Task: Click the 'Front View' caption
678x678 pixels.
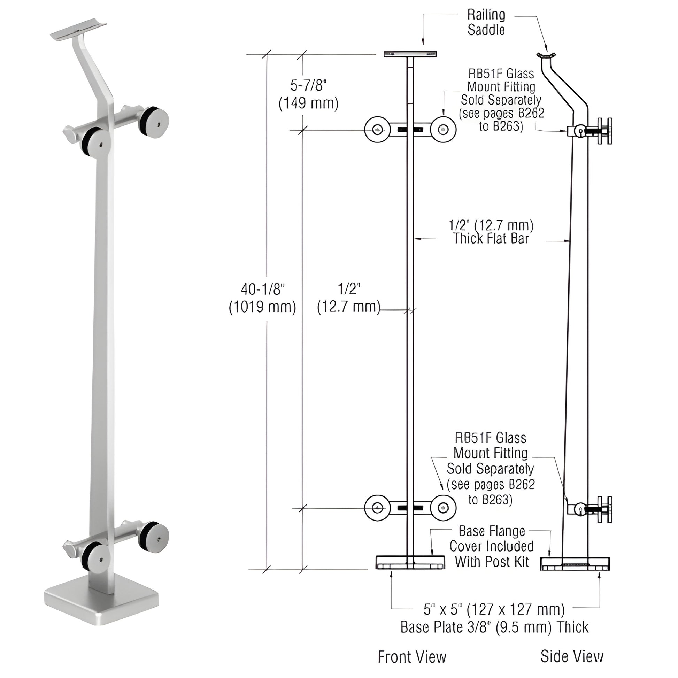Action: pos(412,657)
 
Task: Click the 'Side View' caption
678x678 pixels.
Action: pos(572,656)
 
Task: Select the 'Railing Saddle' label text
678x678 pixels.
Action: pos(486,22)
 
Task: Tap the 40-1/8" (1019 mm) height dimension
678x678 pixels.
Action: pos(262,298)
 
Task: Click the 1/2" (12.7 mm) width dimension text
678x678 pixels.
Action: pos(349,298)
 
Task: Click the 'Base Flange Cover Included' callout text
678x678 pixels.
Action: pos(491,546)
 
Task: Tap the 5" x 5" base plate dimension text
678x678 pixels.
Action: pos(494,619)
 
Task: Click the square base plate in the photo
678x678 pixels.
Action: pos(102,608)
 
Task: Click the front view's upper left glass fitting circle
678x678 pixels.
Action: pos(377,130)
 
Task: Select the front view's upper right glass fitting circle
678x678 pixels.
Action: pos(444,130)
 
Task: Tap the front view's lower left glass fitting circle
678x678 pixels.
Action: pos(377,508)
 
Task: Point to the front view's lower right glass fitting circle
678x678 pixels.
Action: pos(444,508)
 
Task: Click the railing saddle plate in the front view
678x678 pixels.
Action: pos(410,54)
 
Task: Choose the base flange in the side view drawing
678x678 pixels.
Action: pos(575,564)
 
